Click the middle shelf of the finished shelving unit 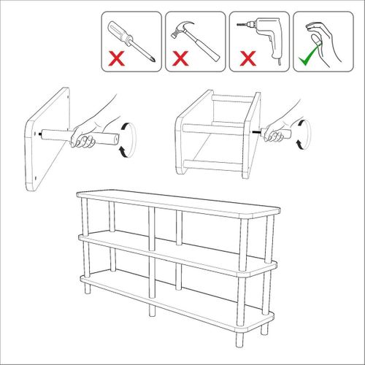click(175, 252)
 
